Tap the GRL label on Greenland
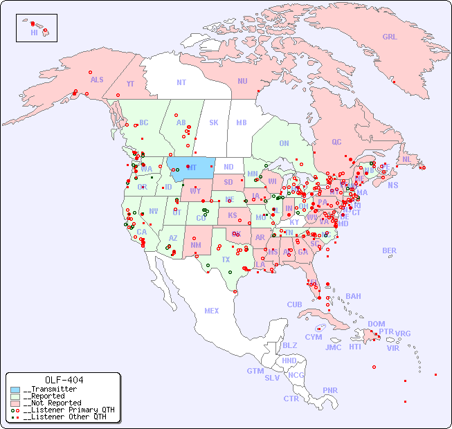click(390, 37)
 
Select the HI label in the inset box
click(34, 33)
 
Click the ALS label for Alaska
click(97, 80)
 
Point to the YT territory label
click(130, 84)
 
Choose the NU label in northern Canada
click(242, 81)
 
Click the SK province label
click(214, 122)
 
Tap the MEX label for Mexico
click(212, 311)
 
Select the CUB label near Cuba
click(294, 304)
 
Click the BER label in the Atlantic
click(389, 250)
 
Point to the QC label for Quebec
click(336, 142)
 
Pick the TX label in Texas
click(226, 259)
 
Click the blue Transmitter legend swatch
click(15, 390)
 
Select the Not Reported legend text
click(52, 403)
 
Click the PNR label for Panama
click(330, 390)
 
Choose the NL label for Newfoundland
click(406, 159)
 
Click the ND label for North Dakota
click(228, 167)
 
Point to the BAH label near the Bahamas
click(353, 296)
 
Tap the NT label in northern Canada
click(181, 82)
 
